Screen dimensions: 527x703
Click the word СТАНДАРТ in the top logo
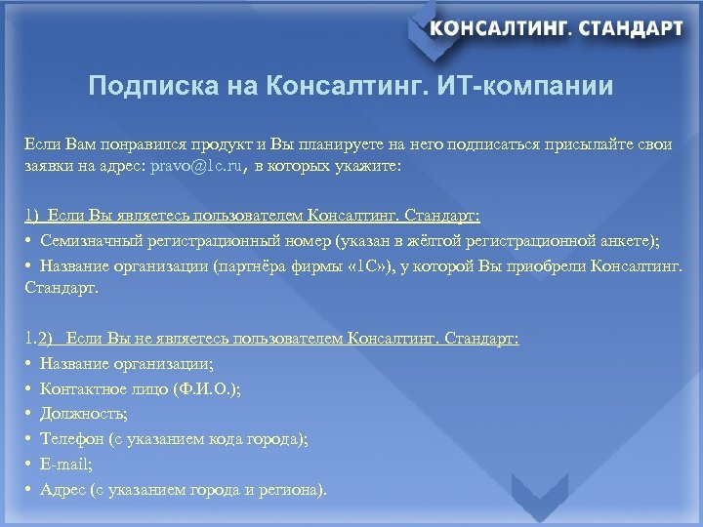tap(631, 28)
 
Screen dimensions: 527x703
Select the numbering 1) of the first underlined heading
tap(32, 215)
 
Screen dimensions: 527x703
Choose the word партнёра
tap(254, 265)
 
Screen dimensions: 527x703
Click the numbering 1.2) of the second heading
tap(40, 338)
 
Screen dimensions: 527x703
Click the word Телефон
tap(73, 439)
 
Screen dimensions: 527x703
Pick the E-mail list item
tap(65, 465)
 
